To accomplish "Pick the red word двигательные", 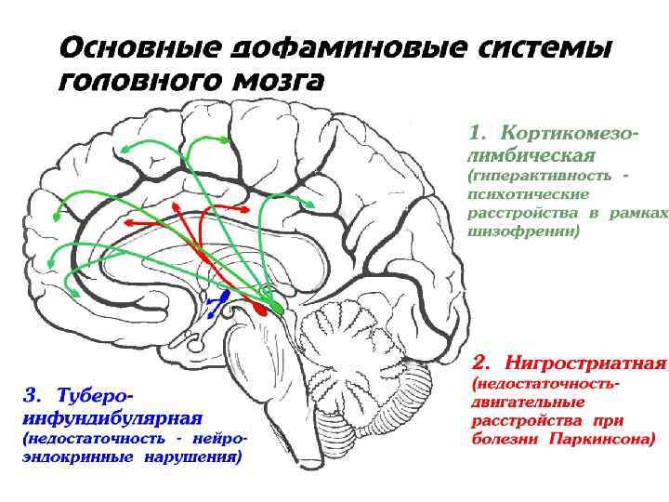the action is (x=528, y=402).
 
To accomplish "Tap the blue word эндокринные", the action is (x=79, y=456).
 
